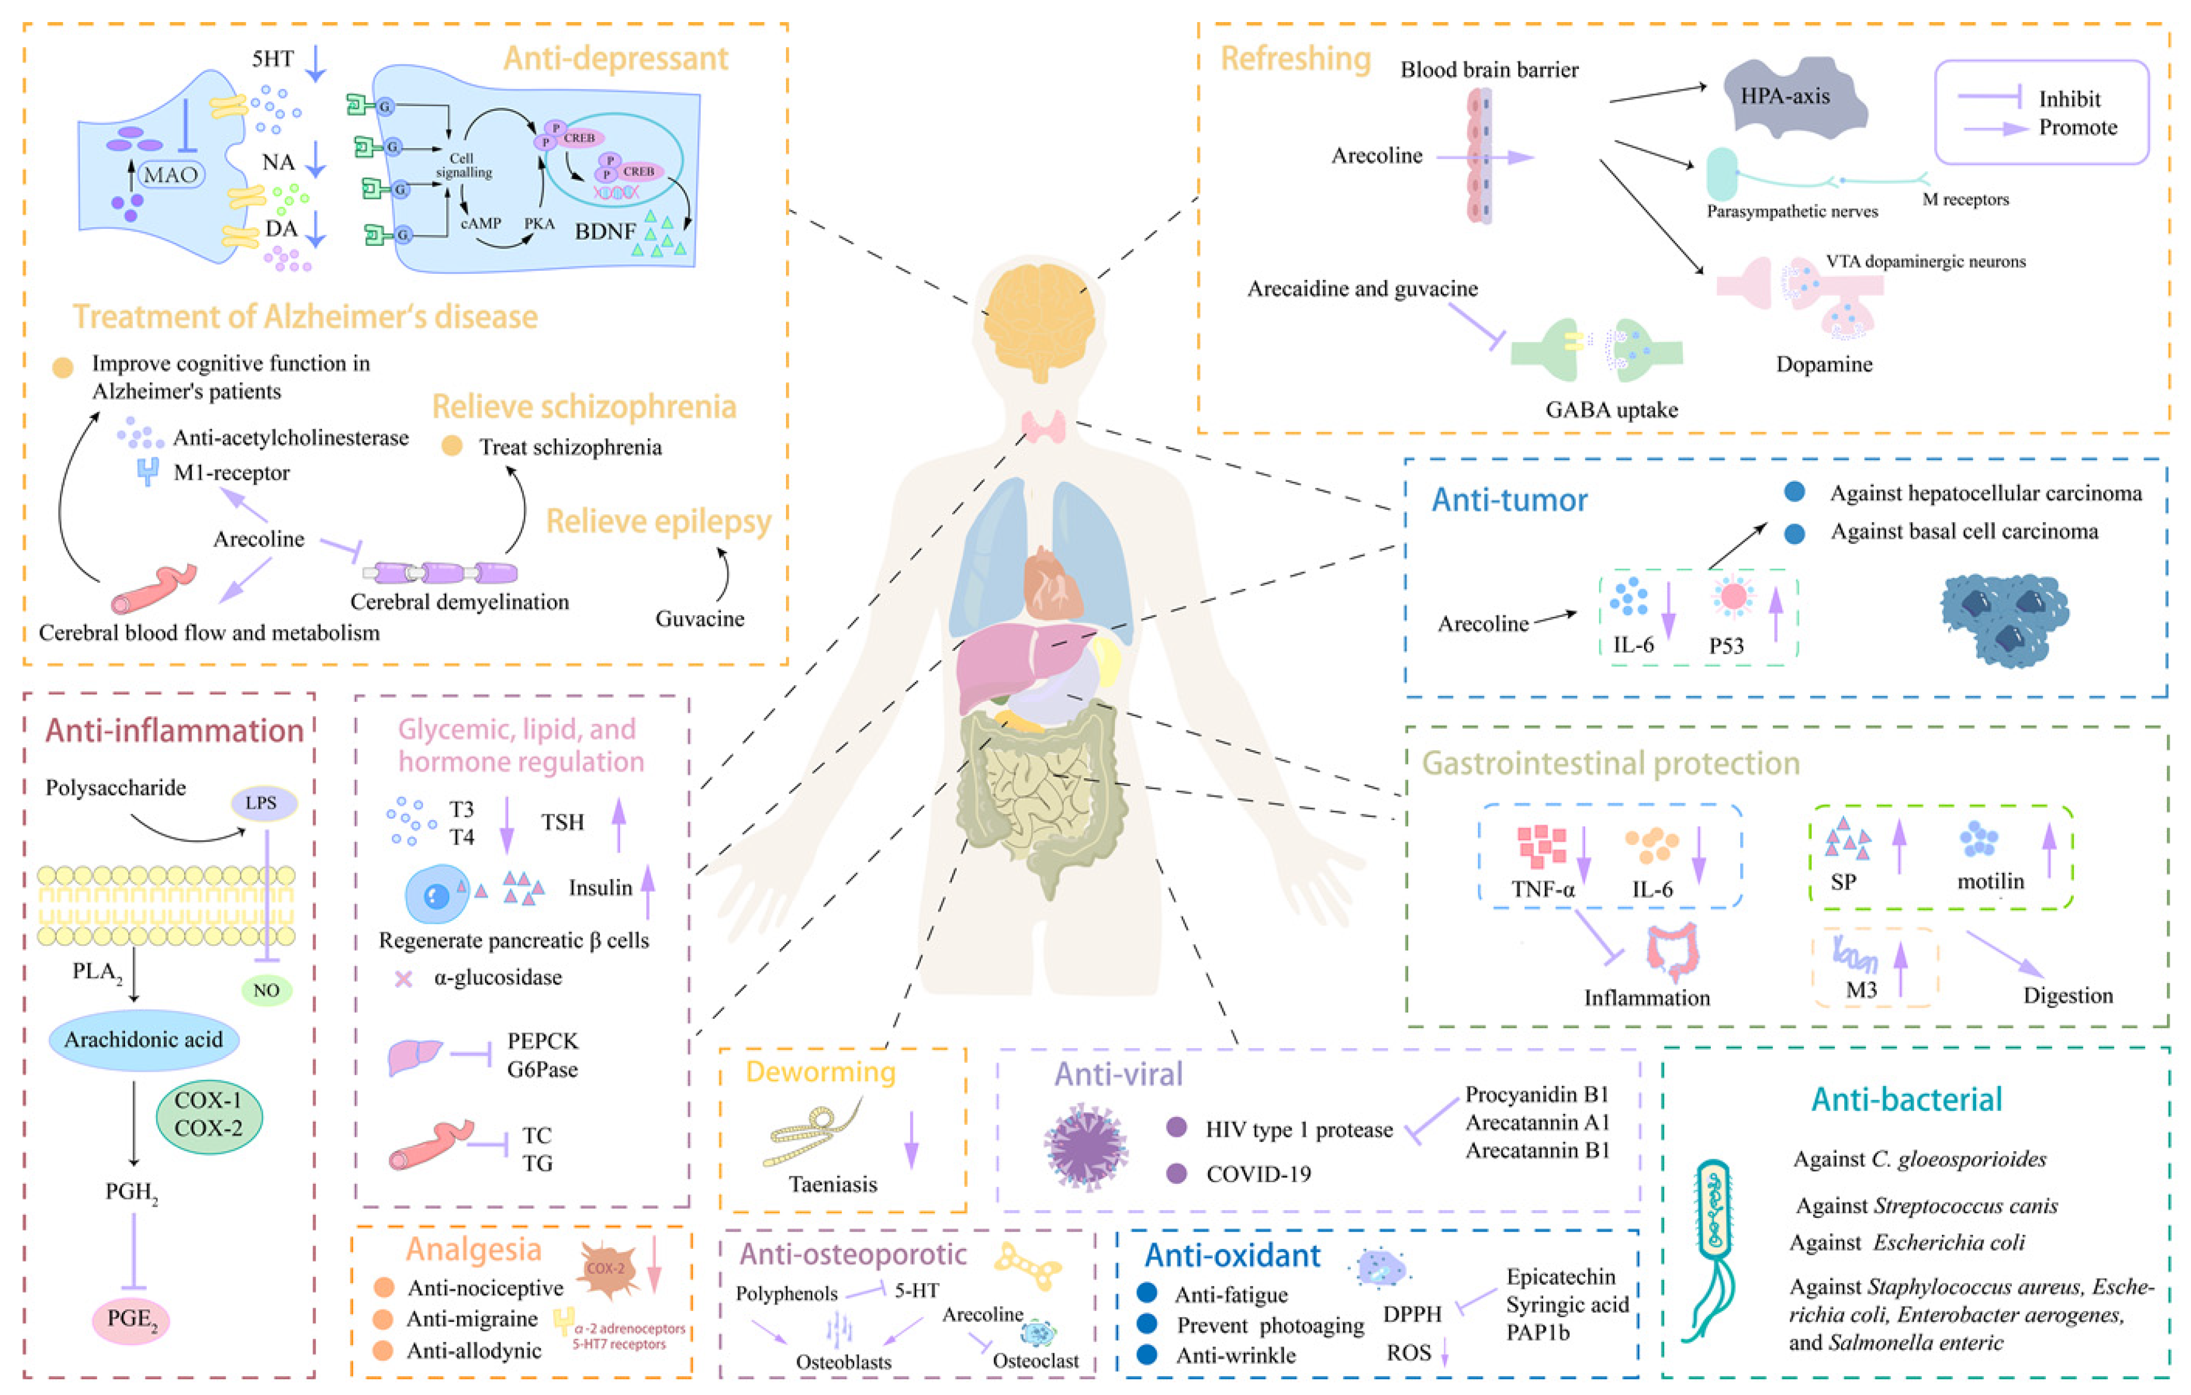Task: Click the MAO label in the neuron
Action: pos(170,175)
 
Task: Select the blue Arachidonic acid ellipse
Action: pos(144,1039)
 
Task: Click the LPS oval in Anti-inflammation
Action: pos(261,803)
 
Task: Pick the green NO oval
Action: pos(266,989)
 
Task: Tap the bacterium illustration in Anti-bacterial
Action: pos(1715,1247)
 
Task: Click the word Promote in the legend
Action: pos(2078,127)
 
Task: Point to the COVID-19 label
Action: pos(1258,1174)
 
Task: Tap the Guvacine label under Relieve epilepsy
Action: pos(700,619)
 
